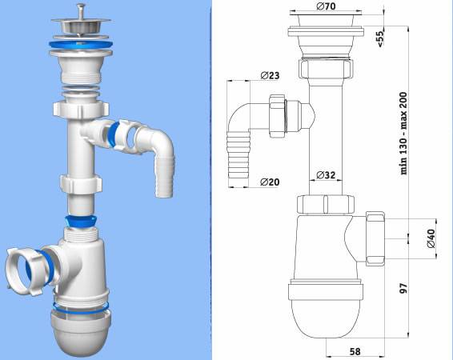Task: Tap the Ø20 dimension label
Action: click(271, 182)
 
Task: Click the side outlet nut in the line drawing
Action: click(376, 236)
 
